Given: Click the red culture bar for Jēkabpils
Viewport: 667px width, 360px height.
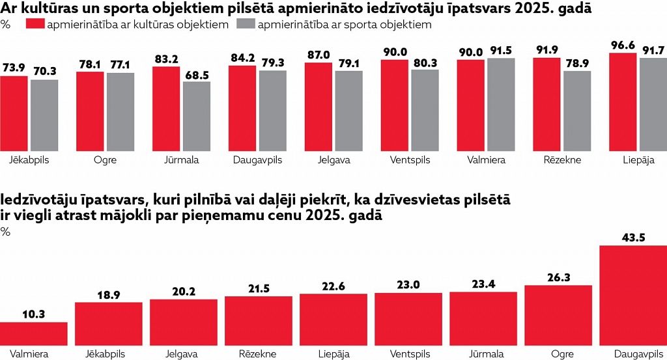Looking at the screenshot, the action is [x=14, y=113].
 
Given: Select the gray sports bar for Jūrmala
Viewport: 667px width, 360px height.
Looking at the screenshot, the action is [x=197, y=117].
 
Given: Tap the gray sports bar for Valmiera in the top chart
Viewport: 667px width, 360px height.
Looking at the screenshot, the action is [x=501, y=105].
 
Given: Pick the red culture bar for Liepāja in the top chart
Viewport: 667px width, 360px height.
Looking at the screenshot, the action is [x=623, y=102].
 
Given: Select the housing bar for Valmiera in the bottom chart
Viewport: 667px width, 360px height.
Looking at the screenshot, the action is [x=34, y=334].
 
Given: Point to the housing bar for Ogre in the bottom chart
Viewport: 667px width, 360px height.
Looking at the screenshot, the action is [x=558, y=315].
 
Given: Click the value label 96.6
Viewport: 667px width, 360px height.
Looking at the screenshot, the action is [x=623, y=46].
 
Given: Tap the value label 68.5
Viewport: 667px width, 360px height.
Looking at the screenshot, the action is [x=197, y=75].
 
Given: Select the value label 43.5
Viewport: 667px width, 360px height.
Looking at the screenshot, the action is [x=633, y=238].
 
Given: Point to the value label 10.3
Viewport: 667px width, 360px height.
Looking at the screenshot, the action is [x=34, y=314].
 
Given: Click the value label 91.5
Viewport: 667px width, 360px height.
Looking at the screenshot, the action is [x=501, y=51].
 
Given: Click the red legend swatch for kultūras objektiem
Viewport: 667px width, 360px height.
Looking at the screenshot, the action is [x=35, y=24].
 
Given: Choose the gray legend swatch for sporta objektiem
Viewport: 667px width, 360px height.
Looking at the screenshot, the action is [x=246, y=24].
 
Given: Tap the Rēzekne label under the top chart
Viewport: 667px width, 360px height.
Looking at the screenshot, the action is [x=562, y=160].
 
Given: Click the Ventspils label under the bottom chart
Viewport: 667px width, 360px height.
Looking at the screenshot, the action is [x=410, y=354].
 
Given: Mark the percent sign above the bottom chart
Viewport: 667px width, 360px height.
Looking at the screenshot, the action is [x=5, y=232].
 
